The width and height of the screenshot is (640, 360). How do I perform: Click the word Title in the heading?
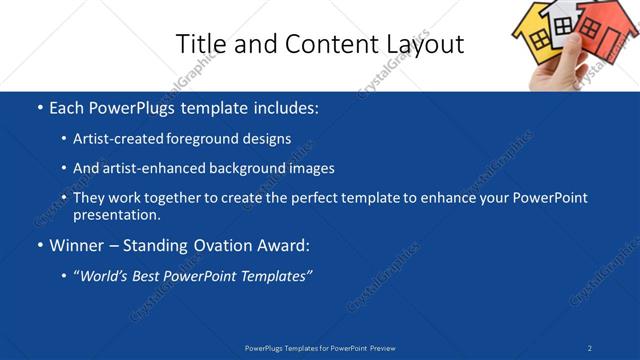coord(200,44)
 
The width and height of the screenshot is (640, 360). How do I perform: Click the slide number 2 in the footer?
coord(590,347)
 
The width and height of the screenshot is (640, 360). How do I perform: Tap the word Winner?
coord(78,245)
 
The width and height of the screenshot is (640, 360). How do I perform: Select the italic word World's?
coord(104,275)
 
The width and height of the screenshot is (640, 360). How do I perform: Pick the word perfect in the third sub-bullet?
coord(307,198)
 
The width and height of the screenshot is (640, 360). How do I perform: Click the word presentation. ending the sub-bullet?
coord(117,214)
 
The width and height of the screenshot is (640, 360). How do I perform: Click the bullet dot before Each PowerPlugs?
coord(39,107)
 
